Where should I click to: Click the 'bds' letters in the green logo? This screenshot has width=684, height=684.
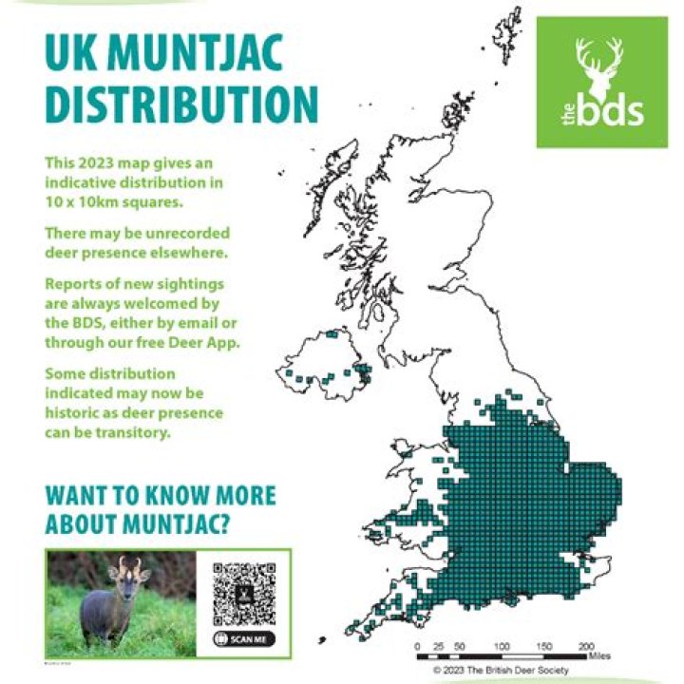pyautogui.click(x=612, y=112)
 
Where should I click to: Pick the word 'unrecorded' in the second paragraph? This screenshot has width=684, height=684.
pyautogui.click(x=188, y=233)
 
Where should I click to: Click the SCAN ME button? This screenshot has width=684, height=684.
pyautogui.click(x=245, y=639)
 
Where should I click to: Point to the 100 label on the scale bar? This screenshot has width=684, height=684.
pyautogui.click(x=501, y=646)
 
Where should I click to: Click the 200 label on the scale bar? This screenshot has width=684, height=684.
pyautogui.click(x=586, y=646)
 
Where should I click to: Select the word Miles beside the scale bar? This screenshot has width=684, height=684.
pyautogui.click(x=600, y=655)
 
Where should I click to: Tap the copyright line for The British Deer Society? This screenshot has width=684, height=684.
pyautogui.click(x=501, y=670)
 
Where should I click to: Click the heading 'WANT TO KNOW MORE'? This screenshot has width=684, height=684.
pyautogui.click(x=161, y=496)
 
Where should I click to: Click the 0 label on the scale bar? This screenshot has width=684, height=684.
pyautogui.click(x=419, y=646)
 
